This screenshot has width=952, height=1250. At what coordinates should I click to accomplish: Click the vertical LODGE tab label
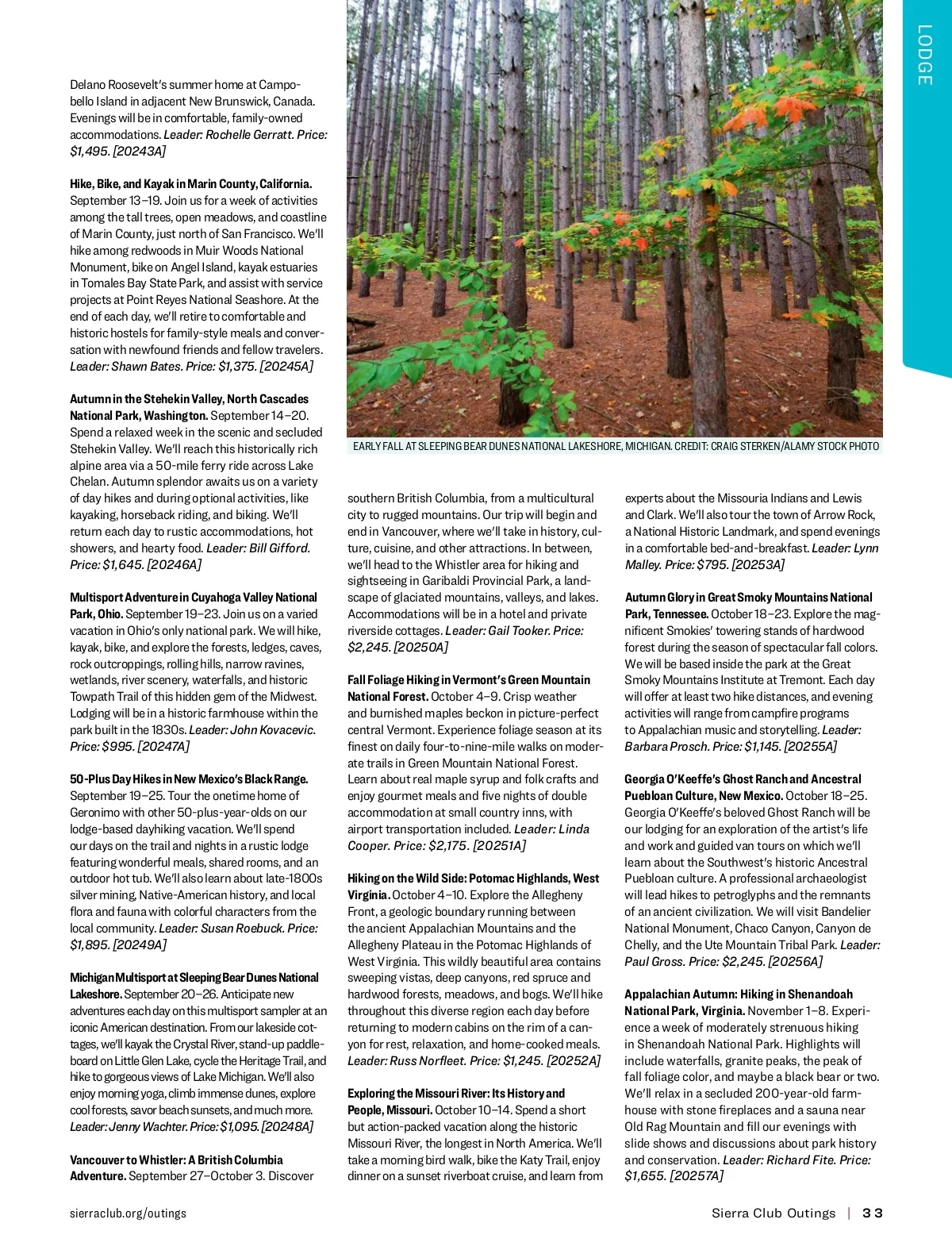click(925, 55)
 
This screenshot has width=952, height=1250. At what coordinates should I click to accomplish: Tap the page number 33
click(873, 1213)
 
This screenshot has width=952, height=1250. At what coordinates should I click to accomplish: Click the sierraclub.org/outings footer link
click(128, 1213)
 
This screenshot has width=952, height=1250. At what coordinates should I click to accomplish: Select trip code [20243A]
click(140, 151)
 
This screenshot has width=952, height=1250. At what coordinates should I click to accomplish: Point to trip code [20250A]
click(421, 647)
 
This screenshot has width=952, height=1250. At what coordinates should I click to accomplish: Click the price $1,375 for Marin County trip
click(236, 366)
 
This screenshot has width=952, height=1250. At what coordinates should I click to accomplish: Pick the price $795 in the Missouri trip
click(713, 564)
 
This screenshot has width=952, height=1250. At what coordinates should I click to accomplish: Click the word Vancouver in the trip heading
click(98, 1160)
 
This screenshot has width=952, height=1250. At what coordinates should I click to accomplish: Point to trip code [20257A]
click(697, 1175)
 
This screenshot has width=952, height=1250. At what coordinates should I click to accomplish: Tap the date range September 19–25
click(117, 795)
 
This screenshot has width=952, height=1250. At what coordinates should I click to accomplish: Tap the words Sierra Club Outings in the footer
click(773, 1213)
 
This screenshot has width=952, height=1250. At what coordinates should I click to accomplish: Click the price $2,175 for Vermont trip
click(448, 845)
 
